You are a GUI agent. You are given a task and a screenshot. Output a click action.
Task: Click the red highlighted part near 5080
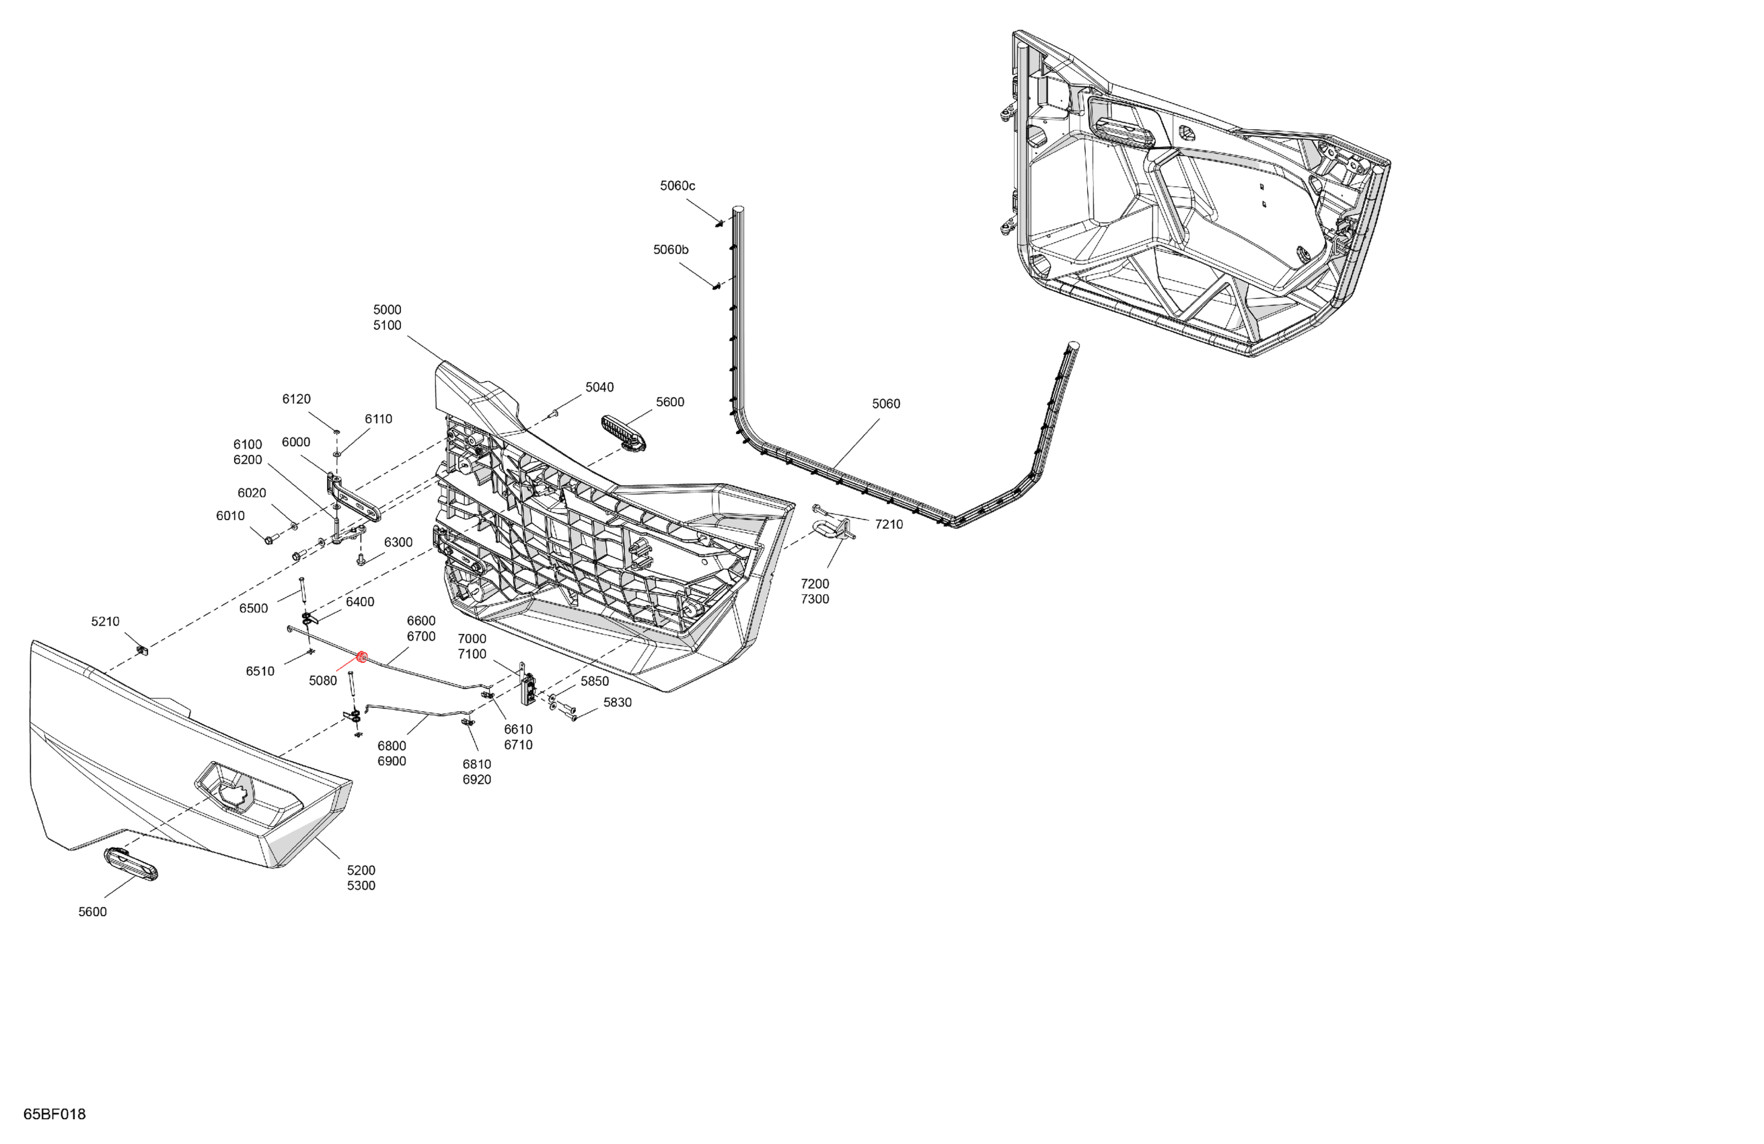pos(363,657)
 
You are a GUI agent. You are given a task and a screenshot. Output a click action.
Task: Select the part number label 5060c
pos(677,186)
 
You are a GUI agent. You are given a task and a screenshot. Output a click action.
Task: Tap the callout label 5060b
pos(671,250)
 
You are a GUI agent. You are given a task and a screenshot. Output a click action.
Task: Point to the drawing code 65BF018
pos(55,1114)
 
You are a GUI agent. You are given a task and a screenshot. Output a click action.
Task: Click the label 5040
pos(599,387)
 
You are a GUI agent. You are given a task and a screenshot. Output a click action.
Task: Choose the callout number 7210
pos(889,525)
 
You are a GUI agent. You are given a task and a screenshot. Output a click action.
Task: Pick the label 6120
pos(297,400)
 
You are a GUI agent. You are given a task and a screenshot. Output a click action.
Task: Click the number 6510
pos(260,672)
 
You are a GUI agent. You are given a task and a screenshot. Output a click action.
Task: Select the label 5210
pos(105,622)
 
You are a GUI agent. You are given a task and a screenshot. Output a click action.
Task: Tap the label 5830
pos(618,703)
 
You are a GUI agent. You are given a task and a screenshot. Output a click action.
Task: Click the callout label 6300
pos(398,542)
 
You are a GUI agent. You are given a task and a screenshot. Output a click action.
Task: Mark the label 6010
pos(231,516)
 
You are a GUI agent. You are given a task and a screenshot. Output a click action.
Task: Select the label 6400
pos(360,602)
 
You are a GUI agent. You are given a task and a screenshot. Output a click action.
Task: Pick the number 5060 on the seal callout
pos(886,404)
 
